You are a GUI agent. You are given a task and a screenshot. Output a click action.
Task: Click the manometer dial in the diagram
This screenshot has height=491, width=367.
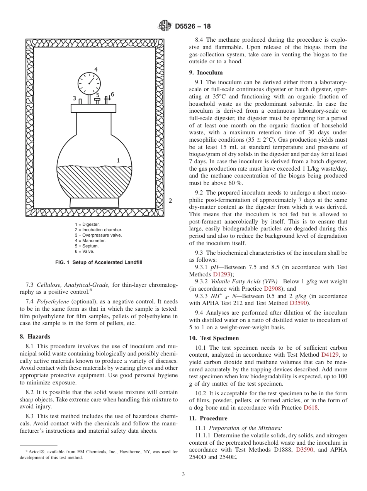89,83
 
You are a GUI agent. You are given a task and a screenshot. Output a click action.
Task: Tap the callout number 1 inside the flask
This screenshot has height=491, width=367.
118,160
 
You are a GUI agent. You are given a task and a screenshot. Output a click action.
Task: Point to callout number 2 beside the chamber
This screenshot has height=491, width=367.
170,201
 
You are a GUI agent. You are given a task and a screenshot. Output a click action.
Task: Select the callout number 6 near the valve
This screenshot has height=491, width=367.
112,94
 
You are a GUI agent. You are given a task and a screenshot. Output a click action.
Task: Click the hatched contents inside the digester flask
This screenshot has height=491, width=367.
94,181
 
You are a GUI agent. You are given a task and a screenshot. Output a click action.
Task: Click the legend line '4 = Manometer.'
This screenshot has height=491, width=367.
90,240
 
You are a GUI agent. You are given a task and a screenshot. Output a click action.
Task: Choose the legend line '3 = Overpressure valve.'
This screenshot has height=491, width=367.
98,235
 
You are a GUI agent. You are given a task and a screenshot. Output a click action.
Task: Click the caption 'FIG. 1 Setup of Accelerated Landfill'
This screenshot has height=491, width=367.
99,262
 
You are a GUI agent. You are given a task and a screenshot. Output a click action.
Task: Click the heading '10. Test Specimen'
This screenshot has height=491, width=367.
214,338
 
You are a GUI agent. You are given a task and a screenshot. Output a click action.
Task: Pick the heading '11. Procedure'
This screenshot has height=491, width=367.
208,418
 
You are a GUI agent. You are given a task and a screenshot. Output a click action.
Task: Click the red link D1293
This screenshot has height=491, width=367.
222,274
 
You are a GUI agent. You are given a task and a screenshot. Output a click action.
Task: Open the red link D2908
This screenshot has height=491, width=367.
273,289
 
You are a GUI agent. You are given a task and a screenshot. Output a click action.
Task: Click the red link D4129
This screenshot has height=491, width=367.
331,354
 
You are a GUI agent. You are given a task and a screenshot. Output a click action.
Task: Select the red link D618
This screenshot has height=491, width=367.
311,408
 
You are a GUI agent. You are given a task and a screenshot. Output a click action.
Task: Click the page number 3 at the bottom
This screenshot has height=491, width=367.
183,474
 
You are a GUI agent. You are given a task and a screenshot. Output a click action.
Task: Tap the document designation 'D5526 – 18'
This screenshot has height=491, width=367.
193,27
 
